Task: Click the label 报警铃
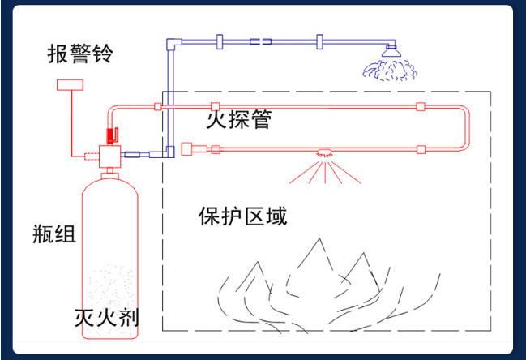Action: click(79, 55)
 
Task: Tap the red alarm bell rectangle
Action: click(71, 84)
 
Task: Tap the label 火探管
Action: click(238, 121)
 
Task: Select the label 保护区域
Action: click(242, 216)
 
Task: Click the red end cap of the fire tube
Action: click(188, 148)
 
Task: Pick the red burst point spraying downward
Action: click(323, 152)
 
